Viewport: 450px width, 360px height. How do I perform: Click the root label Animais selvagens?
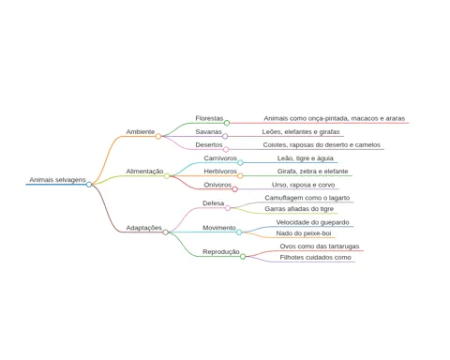(x=57, y=180)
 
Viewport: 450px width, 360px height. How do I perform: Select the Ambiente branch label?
(x=141, y=132)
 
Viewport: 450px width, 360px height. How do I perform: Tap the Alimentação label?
(x=144, y=172)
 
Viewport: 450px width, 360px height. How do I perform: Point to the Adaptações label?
(x=144, y=228)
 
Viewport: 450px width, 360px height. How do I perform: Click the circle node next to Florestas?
(x=227, y=123)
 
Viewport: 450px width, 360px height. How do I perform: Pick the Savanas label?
(x=208, y=132)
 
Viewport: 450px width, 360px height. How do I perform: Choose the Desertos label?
(x=209, y=145)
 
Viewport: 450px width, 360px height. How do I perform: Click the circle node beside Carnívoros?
(x=240, y=162)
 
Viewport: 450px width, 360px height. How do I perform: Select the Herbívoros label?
(x=220, y=172)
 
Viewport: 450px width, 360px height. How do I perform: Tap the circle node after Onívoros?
(x=235, y=189)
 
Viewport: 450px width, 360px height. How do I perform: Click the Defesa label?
(x=214, y=203)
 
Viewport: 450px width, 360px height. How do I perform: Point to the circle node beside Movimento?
(x=239, y=232)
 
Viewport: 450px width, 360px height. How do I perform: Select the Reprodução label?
(x=221, y=252)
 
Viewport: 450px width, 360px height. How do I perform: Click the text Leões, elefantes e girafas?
(x=301, y=132)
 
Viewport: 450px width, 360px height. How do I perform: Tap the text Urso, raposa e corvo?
(x=303, y=185)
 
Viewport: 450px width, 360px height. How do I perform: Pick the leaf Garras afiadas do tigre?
(x=299, y=209)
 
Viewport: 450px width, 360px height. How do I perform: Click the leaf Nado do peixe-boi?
(x=304, y=233)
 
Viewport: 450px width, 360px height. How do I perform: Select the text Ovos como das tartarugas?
(x=320, y=247)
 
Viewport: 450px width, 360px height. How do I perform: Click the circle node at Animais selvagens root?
(x=89, y=185)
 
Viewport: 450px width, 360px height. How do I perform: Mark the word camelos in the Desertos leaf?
(x=367, y=145)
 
